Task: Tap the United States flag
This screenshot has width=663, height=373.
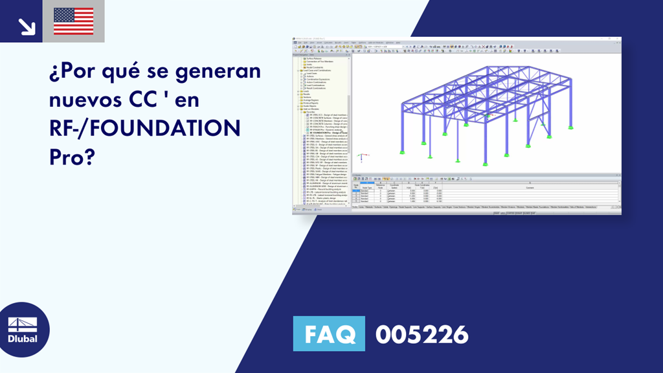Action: (73, 21)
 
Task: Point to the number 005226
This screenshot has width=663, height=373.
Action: (421, 334)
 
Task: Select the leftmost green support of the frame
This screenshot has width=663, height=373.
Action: (402, 152)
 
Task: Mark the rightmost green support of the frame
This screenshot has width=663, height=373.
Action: (570, 127)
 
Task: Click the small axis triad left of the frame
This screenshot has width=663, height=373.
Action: (363, 156)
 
